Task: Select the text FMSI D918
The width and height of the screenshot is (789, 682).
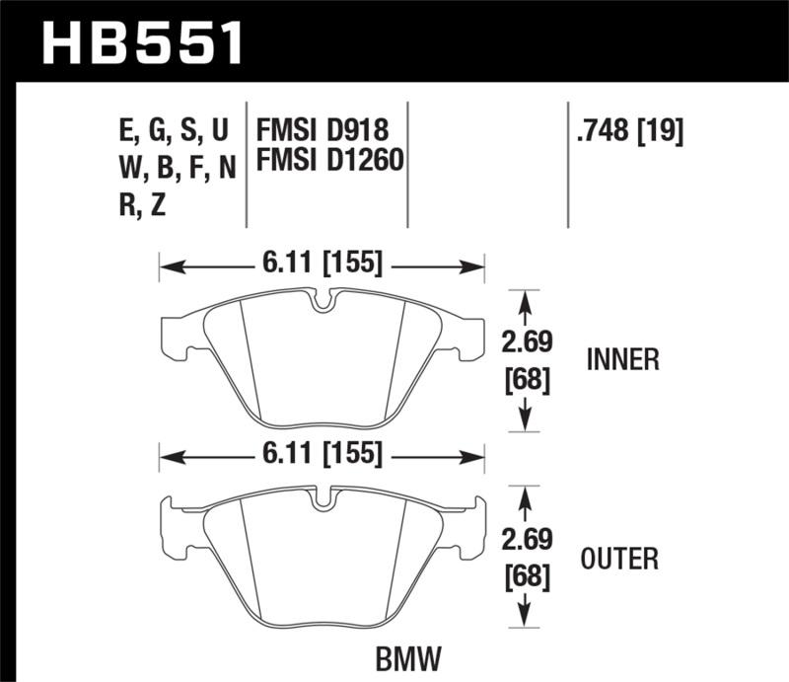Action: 323,130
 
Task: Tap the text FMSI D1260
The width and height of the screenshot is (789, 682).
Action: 330,159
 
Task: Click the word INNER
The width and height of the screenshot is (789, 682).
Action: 622,360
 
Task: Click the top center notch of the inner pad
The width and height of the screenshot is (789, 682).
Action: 322,300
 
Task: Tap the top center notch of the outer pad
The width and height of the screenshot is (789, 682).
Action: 322,499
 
